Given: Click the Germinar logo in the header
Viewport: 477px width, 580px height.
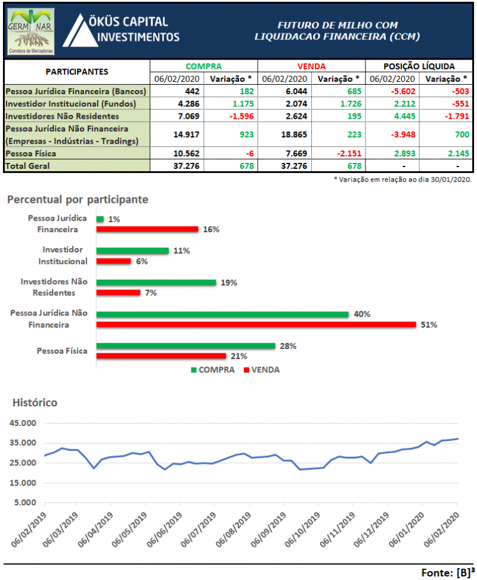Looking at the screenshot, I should point(32,32).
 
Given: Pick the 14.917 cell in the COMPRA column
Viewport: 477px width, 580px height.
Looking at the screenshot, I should point(176,134).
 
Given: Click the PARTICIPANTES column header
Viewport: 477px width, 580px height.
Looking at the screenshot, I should point(77,72).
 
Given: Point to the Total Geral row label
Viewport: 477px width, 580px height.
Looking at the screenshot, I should point(29,165).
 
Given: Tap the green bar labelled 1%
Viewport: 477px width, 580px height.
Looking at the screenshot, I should point(100,219).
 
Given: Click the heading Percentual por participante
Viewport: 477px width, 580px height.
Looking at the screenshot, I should point(78,199).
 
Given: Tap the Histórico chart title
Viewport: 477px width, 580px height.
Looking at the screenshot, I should point(35,403).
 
